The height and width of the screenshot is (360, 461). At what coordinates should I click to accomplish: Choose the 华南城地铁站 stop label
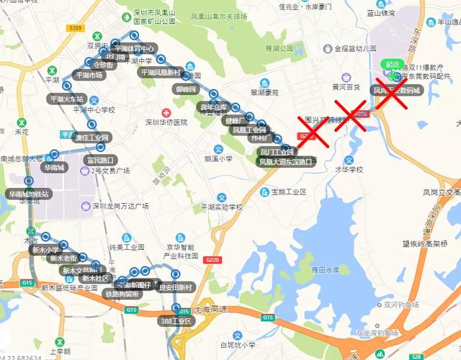pos(29,194)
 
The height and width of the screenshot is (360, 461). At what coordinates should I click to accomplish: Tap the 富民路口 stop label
pos(100,160)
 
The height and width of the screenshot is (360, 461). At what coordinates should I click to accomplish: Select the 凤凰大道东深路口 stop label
pos(286,163)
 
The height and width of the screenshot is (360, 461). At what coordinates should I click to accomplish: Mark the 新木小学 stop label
pos(45,250)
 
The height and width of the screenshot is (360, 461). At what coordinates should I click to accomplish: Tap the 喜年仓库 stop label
pos(213,107)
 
